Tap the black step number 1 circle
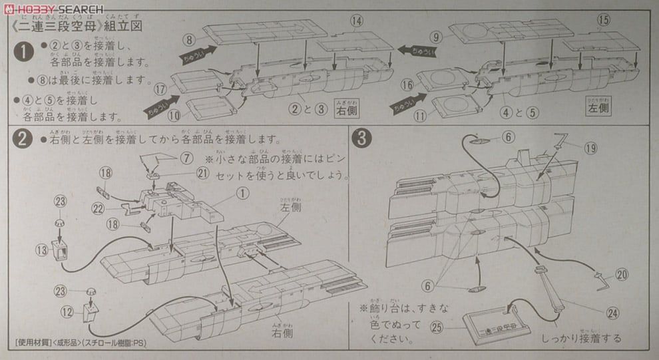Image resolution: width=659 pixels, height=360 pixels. click(24, 51)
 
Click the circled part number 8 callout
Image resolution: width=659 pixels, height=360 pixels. click(189, 40)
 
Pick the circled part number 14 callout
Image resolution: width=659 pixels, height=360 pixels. click(357, 21)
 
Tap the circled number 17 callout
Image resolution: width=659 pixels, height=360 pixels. click(159, 87)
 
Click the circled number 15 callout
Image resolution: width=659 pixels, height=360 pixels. click(604, 21)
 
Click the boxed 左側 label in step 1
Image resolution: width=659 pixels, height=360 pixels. click(598, 106)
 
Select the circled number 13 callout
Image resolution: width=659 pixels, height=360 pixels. click(42, 250)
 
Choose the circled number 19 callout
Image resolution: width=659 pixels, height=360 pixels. click(590, 148)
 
